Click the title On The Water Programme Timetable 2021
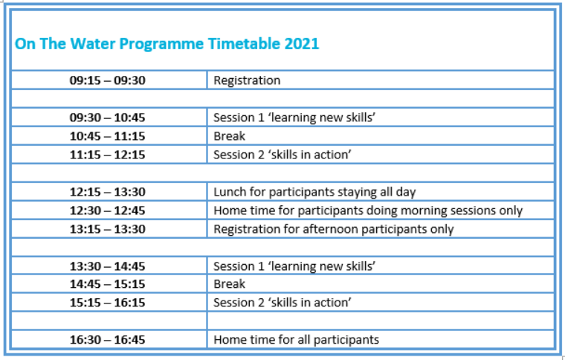167,44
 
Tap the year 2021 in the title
302,44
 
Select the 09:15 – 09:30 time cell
107,80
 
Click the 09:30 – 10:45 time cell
107,118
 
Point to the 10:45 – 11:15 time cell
107,136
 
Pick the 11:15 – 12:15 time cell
107,155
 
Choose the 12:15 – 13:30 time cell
107,192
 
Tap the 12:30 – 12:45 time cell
107,210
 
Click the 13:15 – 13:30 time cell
107,229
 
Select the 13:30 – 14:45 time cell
107,266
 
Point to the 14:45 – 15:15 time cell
107,284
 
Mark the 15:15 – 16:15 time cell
107,302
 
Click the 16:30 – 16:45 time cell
107,339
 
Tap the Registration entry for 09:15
247,80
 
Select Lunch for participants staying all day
314,192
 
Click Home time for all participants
296,339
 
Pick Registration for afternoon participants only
334,230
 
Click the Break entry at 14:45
229,284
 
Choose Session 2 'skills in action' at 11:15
282,155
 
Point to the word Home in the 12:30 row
228,210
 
